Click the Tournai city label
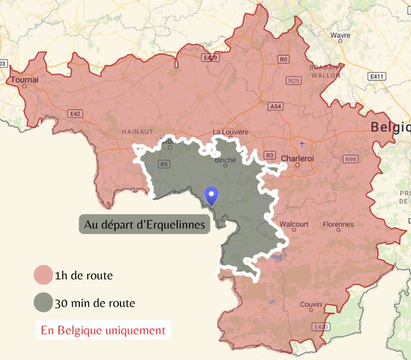pyautogui.click(x=25, y=80)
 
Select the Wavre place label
pyautogui.click(x=340, y=35)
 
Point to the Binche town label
pyautogui.click(x=225, y=159)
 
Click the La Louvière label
pyautogui.click(x=231, y=132)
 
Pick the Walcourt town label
pyautogui.click(x=294, y=224)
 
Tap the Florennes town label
pyautogui.click(x=338, y=224)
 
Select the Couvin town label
pyautogui.click(x=311, y=304)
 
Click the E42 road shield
pyautogui.click(x=75, y=113)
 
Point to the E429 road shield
pyautogui.click(x=210, y=57)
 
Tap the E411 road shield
pyautogui.click(x=377, y=76)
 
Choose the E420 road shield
pyautogui.click(x=320, y=326)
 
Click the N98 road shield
pyautogui.click(x=351, y=159)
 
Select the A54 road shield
pyautogui.click(x=275, y=106)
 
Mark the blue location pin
pyautogui.click(x=212, y=196)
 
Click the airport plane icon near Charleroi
pyautogui.click(x=302, y=143)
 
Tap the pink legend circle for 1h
pyautogui.click(x=43, y=275)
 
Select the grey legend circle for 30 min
pyautogui.click(x=43, y=303)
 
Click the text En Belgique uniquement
pyautogui.click(x=103, y=330)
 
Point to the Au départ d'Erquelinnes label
pyautogui.click(x=144, y=225)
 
